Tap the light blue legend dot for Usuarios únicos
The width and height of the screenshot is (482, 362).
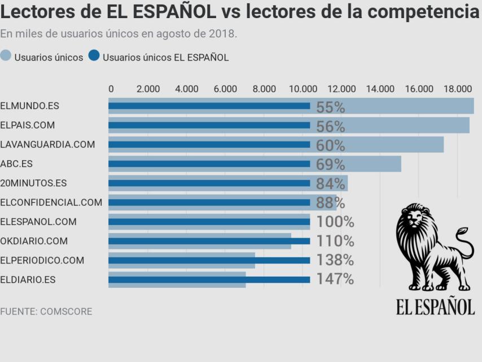(6, 56)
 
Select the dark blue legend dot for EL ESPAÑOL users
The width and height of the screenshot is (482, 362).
(94, 56)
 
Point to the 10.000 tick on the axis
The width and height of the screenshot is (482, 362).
(303, 89)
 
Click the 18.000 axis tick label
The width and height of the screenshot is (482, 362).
(457, 89)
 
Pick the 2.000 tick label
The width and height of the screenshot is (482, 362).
(148, 89)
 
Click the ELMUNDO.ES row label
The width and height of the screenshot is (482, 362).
(29, 106)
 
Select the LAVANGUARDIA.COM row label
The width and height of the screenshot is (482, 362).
(47, 144)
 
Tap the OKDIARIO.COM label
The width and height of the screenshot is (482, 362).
(34, 241)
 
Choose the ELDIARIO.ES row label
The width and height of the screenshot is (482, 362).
(28, 279)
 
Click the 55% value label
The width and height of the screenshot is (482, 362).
(330, 107)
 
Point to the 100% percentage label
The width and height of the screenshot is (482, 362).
(335, 222)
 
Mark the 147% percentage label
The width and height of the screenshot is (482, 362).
(335, 279)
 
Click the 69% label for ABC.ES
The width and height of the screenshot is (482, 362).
(330, 165)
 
